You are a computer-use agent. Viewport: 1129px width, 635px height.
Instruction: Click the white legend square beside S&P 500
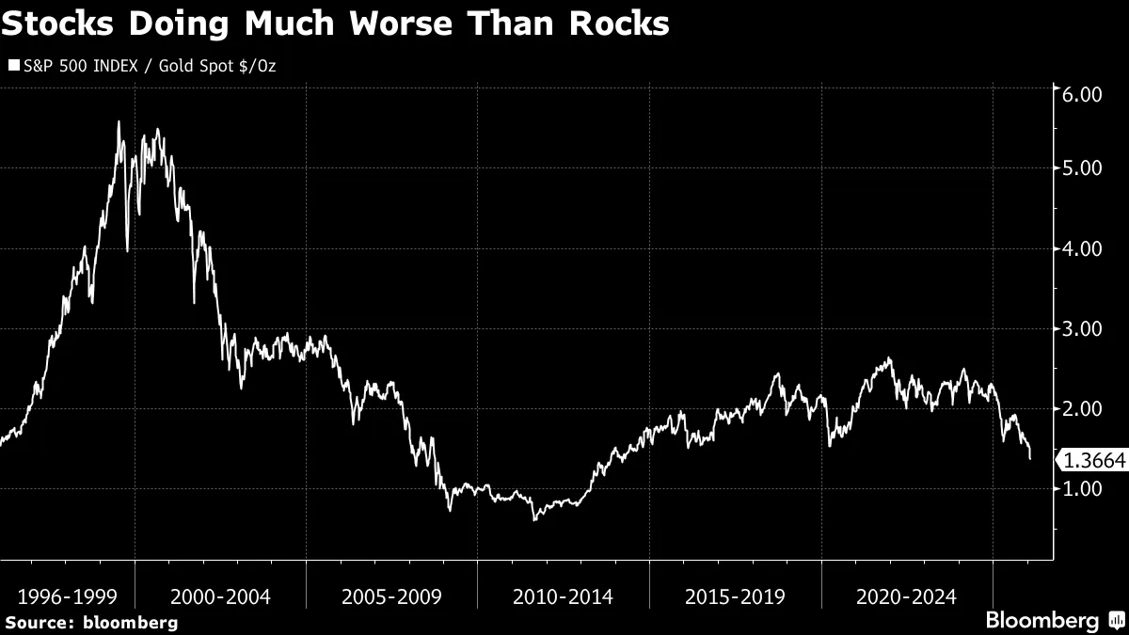point(13,66)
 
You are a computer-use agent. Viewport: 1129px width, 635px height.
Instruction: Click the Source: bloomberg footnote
point(91,622)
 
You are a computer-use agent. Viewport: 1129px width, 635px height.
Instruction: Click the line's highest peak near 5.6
point(119,122)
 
